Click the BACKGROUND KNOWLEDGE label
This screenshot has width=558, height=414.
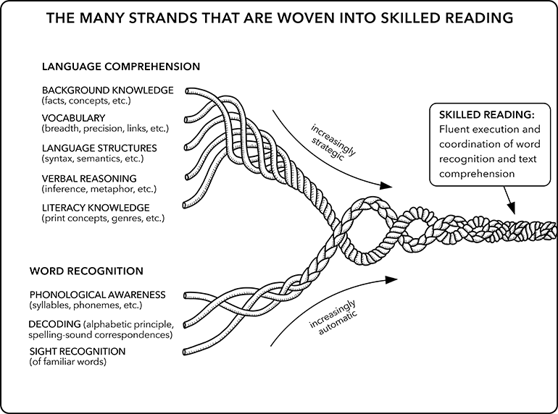[x=107, y=90]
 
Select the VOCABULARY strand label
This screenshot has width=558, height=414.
[x=73, y=118]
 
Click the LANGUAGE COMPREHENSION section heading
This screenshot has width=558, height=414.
[x=120, y=67]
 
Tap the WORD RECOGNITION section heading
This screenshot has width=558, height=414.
[x=86, y=271]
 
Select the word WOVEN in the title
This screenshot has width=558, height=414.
[x=279, y=17]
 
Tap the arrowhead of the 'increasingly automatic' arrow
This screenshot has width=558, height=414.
[x=396, y=278]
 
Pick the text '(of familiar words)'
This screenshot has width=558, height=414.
[x=67, y=362]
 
